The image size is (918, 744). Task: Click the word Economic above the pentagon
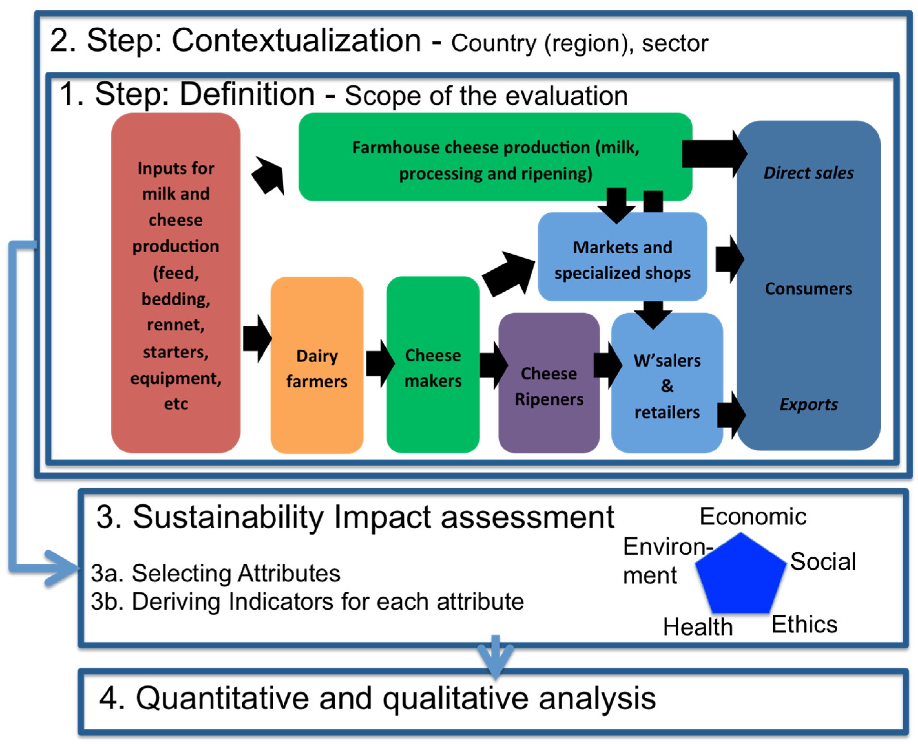(753, 516)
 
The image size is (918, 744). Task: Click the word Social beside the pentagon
(822, 562)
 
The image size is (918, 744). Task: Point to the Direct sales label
(808, 173)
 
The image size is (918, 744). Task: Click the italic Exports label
(808, 404)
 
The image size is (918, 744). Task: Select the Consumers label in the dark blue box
(808, 288)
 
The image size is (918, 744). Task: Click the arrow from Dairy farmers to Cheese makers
(379, 364)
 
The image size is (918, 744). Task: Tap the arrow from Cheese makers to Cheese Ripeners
(493, 365)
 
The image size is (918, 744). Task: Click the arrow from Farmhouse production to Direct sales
(714, 154)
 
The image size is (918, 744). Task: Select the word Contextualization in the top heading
(296, 41)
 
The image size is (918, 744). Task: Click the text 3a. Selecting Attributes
(215, 573)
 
